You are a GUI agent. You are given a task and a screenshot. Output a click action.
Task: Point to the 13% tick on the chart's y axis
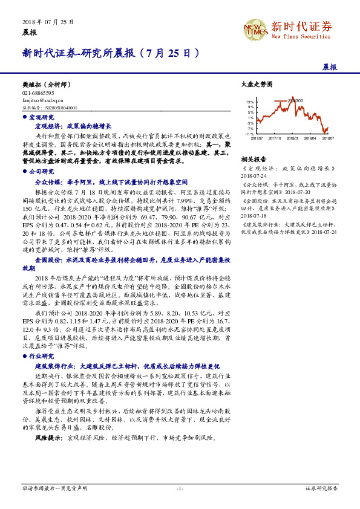click(x=250, y=103)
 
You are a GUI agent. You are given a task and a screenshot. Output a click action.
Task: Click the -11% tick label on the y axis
click(x=249, y=134)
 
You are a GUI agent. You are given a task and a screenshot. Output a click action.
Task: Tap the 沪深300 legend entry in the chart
click(x=295, y=100)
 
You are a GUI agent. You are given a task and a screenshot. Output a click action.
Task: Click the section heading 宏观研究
click(x=41, y=117)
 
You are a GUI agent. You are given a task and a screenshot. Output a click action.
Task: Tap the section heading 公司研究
click(x=41, y=172)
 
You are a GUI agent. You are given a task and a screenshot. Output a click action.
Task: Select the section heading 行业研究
click(x=41, y=357)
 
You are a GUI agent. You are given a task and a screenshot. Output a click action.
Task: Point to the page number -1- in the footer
click(x=180, y=488)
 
